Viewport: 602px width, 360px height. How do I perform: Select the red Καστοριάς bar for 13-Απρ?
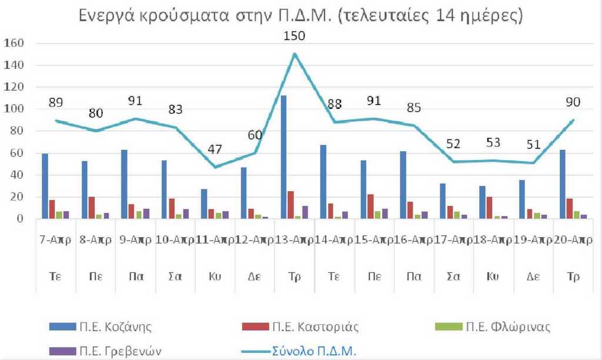290,205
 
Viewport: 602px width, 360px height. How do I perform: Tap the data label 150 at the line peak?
295,35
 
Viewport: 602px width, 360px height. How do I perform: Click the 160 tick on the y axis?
14,44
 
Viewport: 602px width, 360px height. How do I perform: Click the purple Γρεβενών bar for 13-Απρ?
304,212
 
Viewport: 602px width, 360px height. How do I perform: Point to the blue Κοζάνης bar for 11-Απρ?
204,204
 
